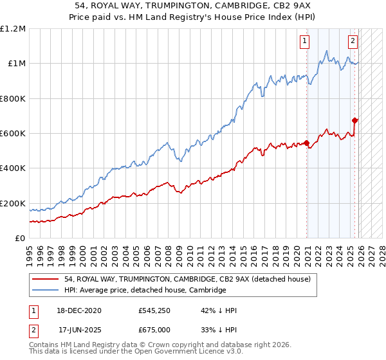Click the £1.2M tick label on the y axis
[13, 29]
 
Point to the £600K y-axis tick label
[13, 134]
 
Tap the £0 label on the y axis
[19, 239]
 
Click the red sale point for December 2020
[306, 143]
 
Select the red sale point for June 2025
[354, 120]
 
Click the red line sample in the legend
[46, 280]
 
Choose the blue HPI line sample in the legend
[46, 291]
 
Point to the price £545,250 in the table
[154, 310]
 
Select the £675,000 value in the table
[154, 329]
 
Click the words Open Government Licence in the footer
[163, 353]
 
